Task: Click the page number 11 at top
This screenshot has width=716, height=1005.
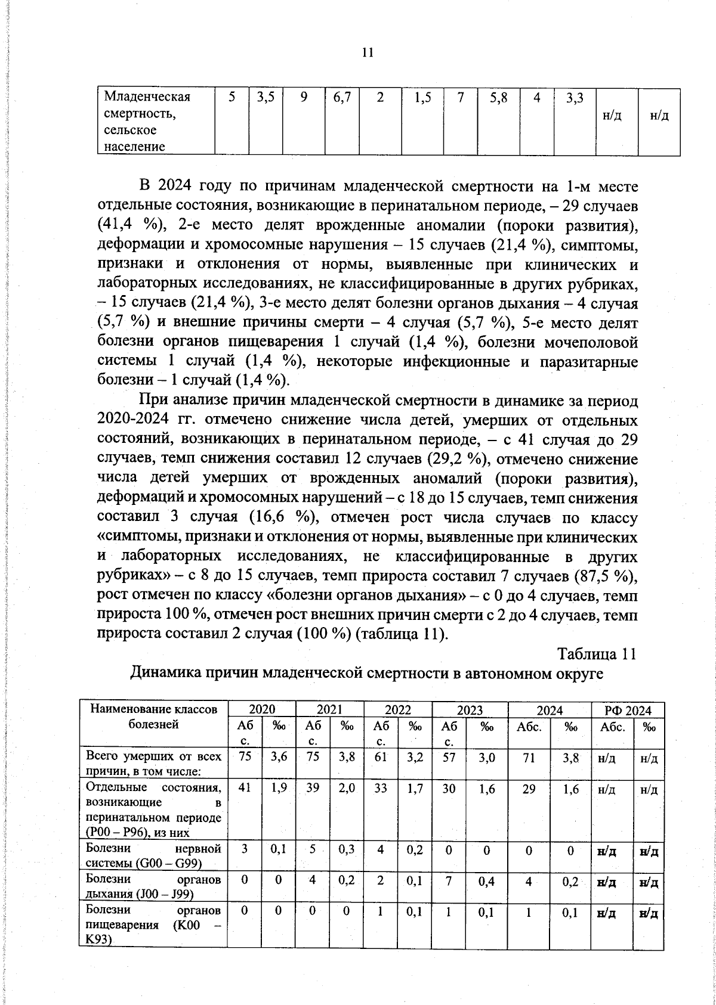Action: click(368, 52)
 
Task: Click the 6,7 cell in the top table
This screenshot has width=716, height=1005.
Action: click(342, 98)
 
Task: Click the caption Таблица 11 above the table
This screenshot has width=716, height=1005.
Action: click(597, 654)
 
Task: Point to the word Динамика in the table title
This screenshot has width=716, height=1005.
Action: click(165, 674)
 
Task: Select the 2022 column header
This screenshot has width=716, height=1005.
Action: click(397, 710)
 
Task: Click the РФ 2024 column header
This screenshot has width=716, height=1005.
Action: click(628, 710)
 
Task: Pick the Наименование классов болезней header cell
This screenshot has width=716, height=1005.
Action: click(153, 717)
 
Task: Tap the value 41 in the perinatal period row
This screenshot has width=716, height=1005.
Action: click(243, 788)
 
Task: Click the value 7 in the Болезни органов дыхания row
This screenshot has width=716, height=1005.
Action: click(448, 881)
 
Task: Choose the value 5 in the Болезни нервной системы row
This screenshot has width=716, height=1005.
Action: click(312, 849)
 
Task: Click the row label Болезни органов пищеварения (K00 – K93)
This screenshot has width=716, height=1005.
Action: click(153, 925)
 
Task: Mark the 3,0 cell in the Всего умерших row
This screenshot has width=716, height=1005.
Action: click(487, 757)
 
